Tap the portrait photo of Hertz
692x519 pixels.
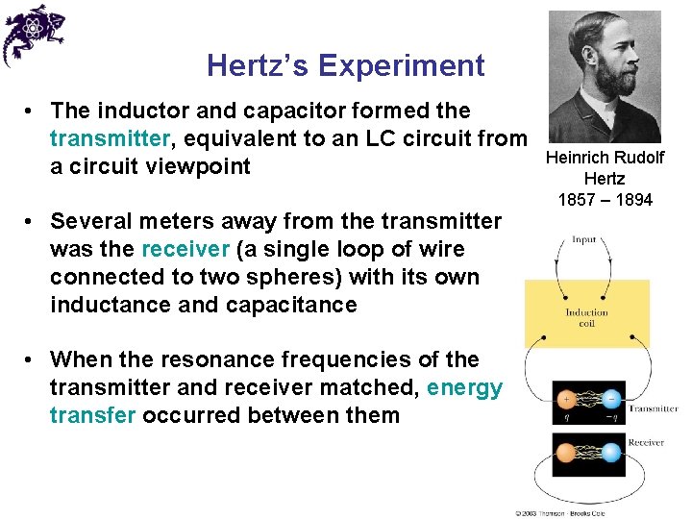tap(605, 76)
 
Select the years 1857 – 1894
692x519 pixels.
tap(605, 200)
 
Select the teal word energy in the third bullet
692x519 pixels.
tap(464, 388)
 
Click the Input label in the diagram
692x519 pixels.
tap(583, 239)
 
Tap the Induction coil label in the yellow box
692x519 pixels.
tap(586, 318)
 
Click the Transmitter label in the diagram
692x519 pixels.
tap(653, 408)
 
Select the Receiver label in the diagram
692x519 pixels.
tap(646, 443)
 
